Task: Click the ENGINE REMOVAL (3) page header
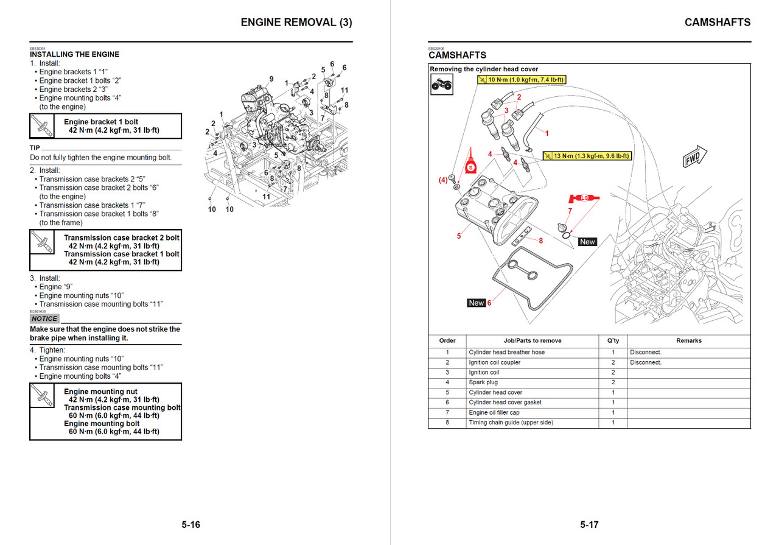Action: [296, 23]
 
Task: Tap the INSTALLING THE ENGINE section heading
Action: [74, 54]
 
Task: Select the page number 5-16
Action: [190, 525]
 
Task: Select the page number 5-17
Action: [589, 525]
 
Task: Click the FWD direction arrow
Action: [694, 158]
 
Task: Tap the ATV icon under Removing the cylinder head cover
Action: [441, 86]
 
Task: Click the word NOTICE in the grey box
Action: [44, 318]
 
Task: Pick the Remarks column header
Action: [688, 341]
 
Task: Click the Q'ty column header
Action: [613, 341]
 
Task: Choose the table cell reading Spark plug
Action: [483, 382]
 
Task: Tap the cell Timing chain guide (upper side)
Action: [511, 423]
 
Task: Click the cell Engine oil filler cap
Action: [494, 413]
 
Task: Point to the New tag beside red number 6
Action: [476, 303]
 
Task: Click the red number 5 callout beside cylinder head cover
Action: [459, 236]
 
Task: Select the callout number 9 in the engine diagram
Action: [271, 79]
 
